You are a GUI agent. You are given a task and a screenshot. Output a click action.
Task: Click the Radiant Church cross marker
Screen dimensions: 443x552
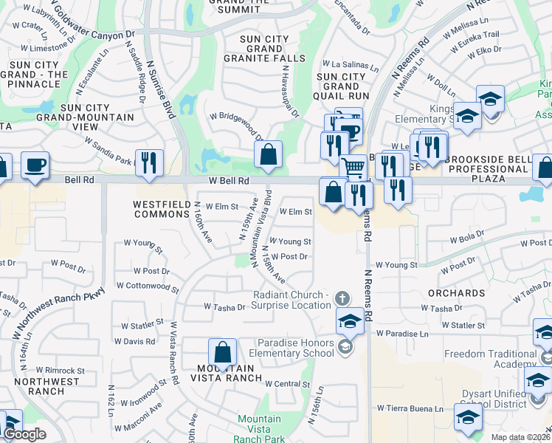(341, 299)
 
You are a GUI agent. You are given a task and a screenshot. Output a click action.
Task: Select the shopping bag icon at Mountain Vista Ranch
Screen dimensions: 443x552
(222, 353)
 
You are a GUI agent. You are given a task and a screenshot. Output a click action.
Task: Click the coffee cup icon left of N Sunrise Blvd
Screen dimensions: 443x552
(35, 165)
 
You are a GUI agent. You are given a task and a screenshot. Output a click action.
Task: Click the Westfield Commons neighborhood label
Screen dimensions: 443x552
(162, 209)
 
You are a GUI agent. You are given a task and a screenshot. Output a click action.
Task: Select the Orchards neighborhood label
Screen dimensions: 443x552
(456, 293)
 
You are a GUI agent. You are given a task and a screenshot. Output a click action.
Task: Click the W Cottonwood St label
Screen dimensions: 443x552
(148, 286)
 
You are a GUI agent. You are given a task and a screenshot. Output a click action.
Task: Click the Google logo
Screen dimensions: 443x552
(25, 434)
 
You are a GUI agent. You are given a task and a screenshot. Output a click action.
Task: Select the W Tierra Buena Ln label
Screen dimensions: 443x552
(410, 408)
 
